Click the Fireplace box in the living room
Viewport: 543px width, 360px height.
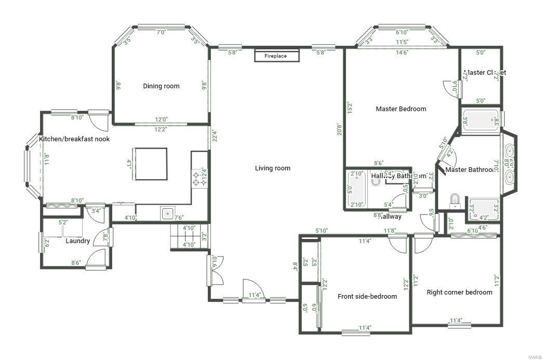click(276, 56)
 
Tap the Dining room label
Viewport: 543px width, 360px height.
click(161, 86)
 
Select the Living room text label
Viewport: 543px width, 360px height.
click(272, 168)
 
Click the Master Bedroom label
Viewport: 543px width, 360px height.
click(401, 109)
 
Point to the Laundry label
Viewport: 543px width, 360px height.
click(78, 241)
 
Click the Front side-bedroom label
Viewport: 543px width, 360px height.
click(367, 297)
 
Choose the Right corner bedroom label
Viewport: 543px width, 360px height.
click(459, 292)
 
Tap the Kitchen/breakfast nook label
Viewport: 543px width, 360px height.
click(74, 139)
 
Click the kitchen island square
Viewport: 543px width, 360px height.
click(151, 164)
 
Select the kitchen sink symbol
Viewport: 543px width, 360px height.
click(167, 213)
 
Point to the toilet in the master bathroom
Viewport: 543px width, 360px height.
click(455, 200)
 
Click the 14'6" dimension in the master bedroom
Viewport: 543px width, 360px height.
click(401, 52)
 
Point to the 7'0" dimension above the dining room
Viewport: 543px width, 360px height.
click(161, 32)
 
